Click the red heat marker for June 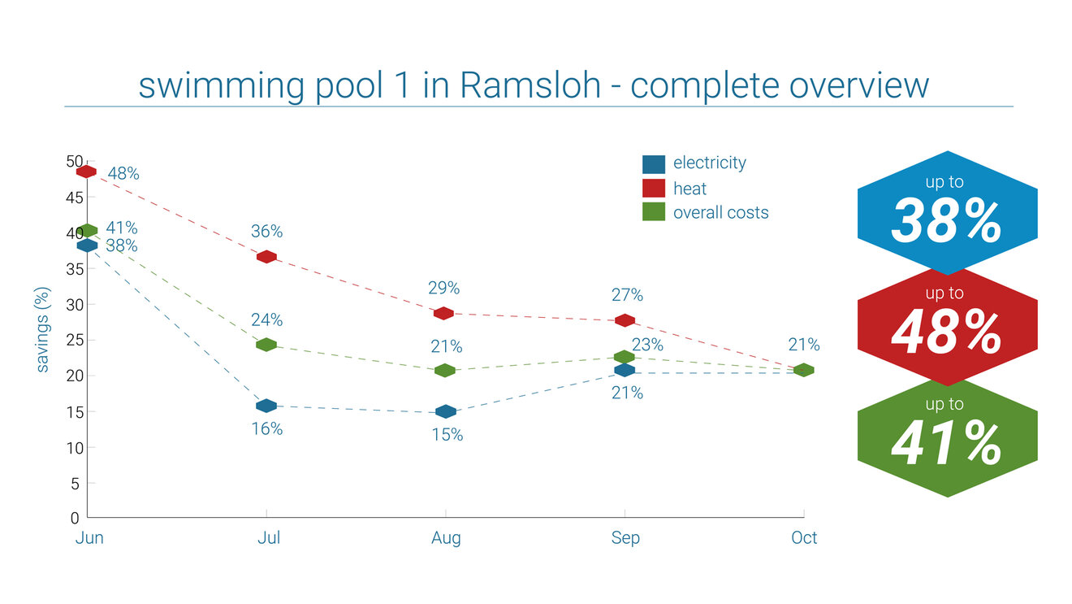[87, 172]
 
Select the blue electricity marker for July [266, 406]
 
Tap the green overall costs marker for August [445, 371]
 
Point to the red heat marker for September [625, 320]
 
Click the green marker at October [803, 370]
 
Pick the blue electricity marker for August [445, 412]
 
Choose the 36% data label [267, 232]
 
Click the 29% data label [445, 288]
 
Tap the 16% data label [267, 428]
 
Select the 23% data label [647, 345]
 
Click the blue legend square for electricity [654, 164]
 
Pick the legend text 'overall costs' [720, 213]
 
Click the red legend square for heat [654, 189]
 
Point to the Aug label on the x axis [446, 538]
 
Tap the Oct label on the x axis [804, 538]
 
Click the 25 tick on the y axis [73, 341]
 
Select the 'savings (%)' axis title [43, 329]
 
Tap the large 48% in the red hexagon [947, 332]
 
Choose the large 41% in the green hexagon [947, 443]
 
